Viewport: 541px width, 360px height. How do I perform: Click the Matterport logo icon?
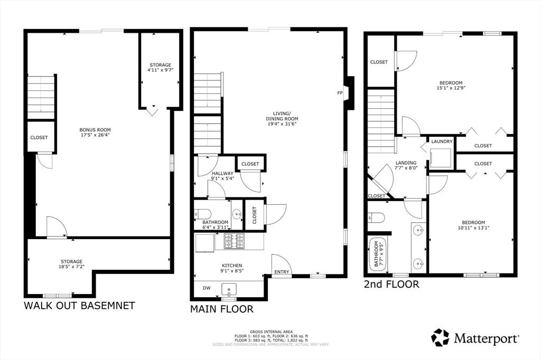440,337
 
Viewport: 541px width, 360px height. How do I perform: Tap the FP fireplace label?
340,93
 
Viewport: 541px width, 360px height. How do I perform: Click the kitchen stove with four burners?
235,241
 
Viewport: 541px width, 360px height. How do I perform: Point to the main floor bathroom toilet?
203,214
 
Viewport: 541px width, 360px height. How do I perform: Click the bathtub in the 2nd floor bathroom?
377,253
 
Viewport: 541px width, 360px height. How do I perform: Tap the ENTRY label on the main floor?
281,272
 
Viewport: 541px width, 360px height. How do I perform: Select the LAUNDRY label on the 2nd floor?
442,141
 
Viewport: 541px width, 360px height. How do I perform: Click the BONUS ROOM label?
95,130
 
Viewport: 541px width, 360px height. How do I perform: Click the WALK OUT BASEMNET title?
79,306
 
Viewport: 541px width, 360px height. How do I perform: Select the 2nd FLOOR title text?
391,285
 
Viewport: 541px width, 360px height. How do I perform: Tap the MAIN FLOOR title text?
221,309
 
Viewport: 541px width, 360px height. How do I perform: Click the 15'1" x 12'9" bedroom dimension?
451,89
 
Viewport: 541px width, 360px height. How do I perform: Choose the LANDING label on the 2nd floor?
406,163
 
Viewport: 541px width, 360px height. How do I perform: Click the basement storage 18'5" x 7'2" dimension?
71,268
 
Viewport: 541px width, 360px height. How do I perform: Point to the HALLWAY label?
223,173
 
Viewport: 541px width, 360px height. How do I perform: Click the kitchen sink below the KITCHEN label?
229,289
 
